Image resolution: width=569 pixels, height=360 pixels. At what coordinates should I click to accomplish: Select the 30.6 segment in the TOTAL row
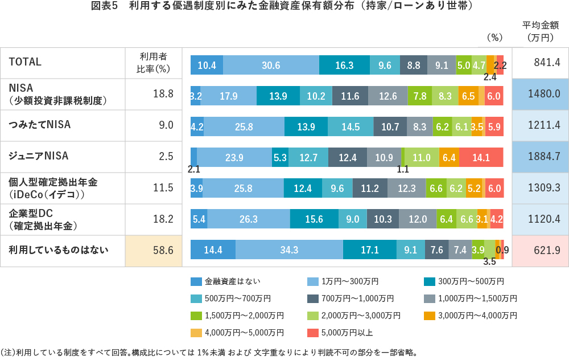pyautogui.click(x=271, y=65)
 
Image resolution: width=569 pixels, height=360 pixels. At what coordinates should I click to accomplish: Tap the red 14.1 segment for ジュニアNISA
pyautogui.click(x=481, y=157)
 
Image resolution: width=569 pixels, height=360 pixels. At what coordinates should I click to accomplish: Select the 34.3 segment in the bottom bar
pyautogui.click(x=289, y=250)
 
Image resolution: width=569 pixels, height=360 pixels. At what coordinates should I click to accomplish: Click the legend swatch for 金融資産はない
pyautogui.click(x=196, y=281)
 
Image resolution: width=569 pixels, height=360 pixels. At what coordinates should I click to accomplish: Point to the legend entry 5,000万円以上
pyautogui.click(x=345, y=333)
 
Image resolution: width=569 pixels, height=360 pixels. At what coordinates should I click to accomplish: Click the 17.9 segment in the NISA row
pyautogui.click(x=229, y=96)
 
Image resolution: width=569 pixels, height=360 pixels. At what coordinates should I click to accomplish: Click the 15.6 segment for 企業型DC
pyautogui.click(x=314, y=219)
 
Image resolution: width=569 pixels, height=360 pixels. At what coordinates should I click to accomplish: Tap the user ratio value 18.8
pyautogui.click(x=163, y=94)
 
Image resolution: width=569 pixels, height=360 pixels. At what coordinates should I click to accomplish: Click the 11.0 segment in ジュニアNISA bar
pyautogui.click(x=421, y=157)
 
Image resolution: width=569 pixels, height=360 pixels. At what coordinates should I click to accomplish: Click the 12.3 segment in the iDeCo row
pyautogui.click(x=406, y=188)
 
